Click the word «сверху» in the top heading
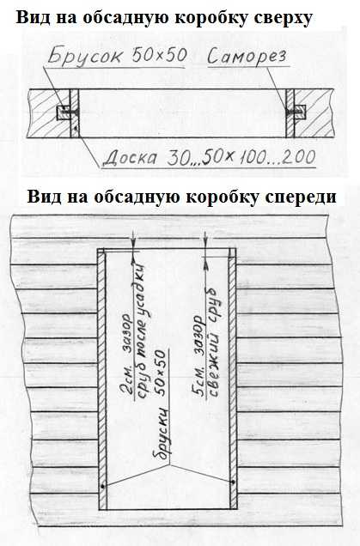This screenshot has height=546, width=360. click(x=283, y=18)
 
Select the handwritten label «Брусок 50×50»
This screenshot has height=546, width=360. click(x=118, y=56)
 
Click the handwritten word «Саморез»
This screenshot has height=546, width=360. click(x=247, y=57)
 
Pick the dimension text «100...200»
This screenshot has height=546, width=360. click(x=277, y=157)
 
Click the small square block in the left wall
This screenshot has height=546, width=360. click(x=63, y=112)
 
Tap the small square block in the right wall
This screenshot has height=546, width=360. click(x=300, y=112)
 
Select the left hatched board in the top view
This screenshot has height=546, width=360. click(x=75, y=113)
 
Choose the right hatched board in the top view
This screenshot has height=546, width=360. click(x=290, y=113)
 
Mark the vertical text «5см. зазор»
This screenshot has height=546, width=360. click(x=199, y=356)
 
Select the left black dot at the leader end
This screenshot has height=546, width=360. click(x=102, y=487)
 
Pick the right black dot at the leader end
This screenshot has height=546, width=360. click(x=233, y=482)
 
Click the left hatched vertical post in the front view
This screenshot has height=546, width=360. click(x=101, y=379)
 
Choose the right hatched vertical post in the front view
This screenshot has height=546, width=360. click(x=233, y=379)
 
